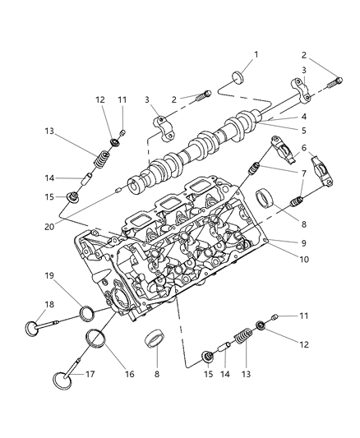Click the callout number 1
coord(256,54)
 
